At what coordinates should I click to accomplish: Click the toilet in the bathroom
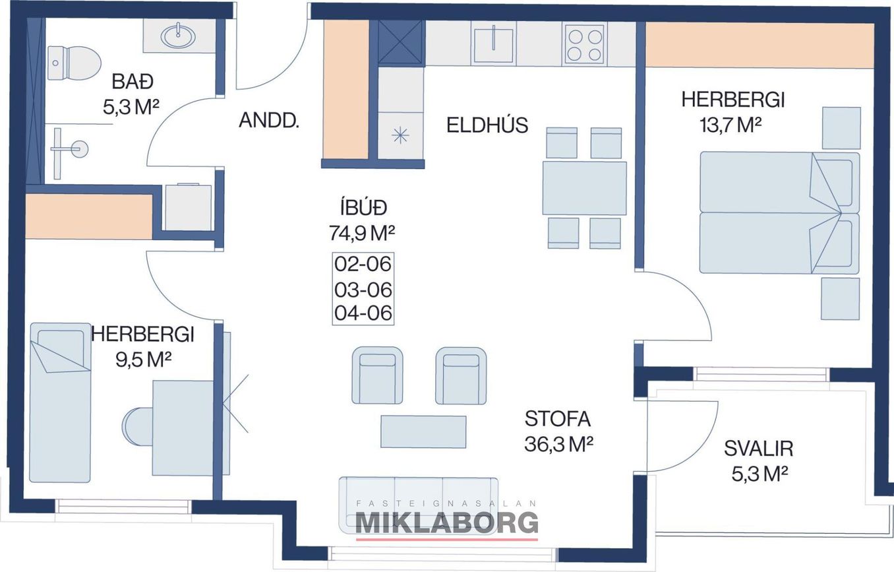tap(74, 63)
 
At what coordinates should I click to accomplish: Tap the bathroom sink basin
tap(179, 36)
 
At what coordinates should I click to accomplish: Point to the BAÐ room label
tap(133, 82)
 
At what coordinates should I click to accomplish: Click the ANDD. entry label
tap(269, 121)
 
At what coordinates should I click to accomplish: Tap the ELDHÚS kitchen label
tap(487, 125)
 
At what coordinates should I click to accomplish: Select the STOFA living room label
tap(558, 419)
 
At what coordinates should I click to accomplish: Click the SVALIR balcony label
tap(759, 449)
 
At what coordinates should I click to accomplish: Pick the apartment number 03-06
tap(363, 290)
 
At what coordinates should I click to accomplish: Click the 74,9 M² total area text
tap(362, 234)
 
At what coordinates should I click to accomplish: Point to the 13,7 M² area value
tap(730, 125)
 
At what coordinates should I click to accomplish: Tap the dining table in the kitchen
tap(584, 188)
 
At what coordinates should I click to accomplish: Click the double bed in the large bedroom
tap(779, 212)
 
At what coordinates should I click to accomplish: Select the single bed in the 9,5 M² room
tap(60, 402)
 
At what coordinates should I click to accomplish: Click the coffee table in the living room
tap(423, 431)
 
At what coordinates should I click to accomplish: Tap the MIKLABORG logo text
tap(446, 524)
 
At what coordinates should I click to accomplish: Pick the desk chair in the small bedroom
tap(138, 427)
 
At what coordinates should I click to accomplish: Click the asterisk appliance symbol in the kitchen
tap(400, 135)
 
